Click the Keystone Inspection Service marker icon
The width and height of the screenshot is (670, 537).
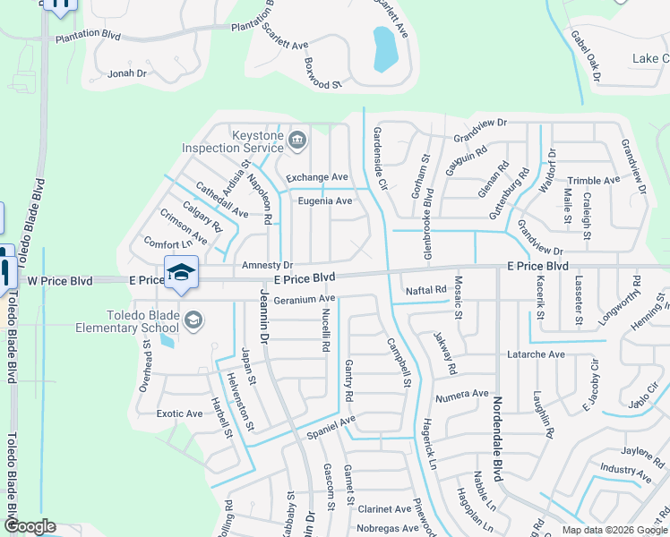click(x=296, y=140)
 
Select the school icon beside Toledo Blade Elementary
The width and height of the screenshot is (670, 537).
click(x=193, y=320)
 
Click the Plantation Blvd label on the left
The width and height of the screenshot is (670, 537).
click(x=88, y=37)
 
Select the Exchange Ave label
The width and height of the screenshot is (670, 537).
click(x=316, y=177)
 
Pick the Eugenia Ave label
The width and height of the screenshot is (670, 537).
click(x=325, y=200)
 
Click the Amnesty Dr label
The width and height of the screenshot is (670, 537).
click(x=267, y=266)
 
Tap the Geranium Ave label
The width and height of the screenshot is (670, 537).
click(x=305, y=299)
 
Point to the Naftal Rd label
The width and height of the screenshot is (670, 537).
click(x=425, y=290)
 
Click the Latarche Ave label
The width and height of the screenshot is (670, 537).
click(x=537, y=354)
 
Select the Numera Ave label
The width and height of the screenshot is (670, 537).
click(x=461, y=394)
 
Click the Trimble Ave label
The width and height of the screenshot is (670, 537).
click(x=593, y=180)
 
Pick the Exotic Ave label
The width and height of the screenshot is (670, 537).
click(x=179, y=413)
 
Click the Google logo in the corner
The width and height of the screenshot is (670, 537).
click(x=29, y=527)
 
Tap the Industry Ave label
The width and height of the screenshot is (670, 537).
click(x=618, y=468)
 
